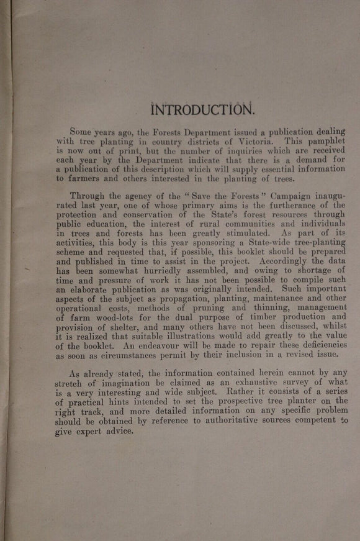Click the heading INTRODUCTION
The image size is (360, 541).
click(202, 110)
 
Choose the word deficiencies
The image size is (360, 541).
click(315, 345)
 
